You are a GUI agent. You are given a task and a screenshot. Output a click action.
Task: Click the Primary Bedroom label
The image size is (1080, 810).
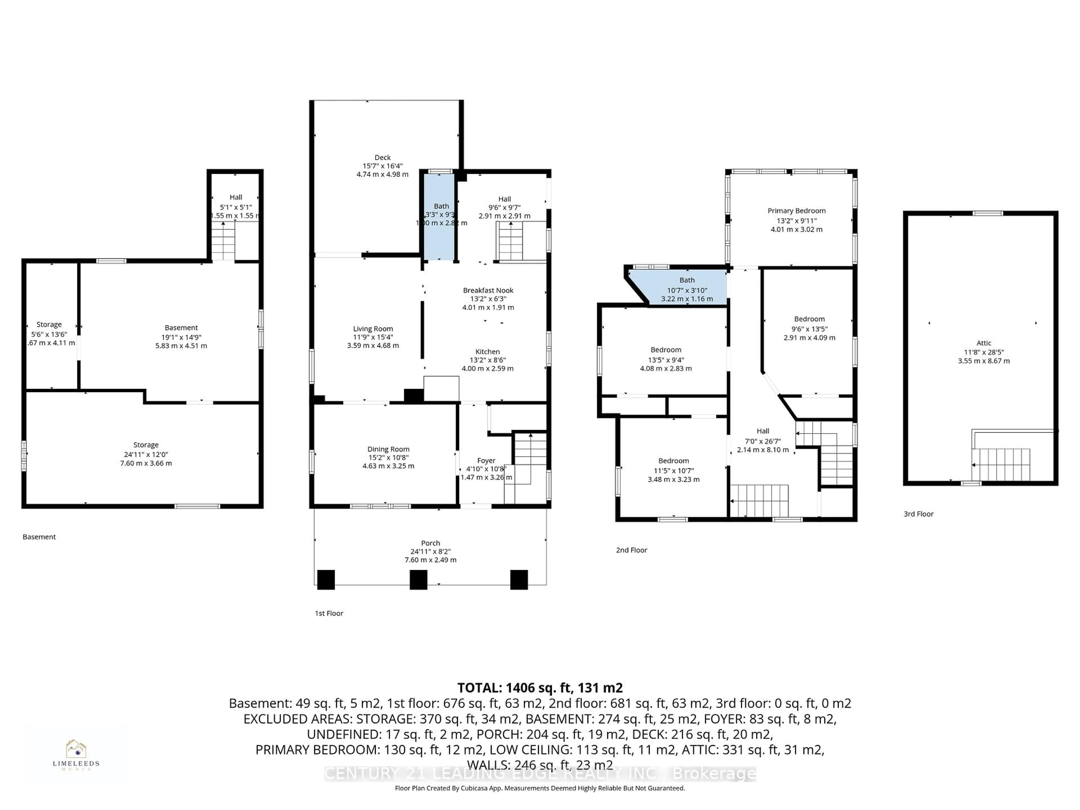tap(796, 211)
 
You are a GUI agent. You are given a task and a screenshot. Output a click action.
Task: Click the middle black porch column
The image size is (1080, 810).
tap(418, 580)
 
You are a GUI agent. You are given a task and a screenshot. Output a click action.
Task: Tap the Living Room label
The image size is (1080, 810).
tap(373, 329)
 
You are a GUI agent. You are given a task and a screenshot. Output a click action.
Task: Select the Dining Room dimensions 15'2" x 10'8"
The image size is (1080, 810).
tap(388, 458)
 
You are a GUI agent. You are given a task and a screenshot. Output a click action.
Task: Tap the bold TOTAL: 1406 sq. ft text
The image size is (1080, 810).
tap(539, 688)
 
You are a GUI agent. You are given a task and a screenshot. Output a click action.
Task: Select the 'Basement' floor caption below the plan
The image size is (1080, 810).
tap(39, 537)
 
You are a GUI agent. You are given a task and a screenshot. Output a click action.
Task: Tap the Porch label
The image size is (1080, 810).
tap(430, 543)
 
